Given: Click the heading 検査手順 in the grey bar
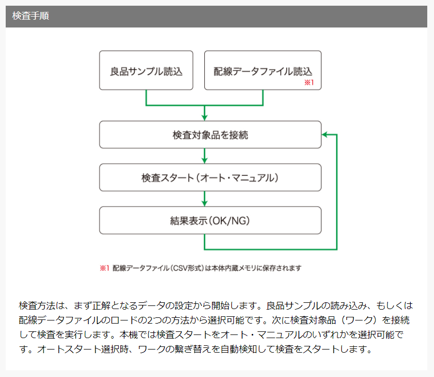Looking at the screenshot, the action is click(31, 16).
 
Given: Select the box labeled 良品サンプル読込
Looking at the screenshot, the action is click(146, 71).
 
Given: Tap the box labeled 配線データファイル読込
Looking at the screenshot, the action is click(263, 71).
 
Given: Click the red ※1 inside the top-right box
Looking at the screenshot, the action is click(309, 82).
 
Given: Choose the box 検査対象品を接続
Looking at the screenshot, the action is click(211, 135).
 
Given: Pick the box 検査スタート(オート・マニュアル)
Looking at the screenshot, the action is click(211, 177).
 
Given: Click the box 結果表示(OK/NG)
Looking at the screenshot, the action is click(211, 220).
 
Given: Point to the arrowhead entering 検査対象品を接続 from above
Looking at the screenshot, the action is click(204, 118).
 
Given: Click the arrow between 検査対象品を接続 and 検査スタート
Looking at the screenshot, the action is click(204, 156).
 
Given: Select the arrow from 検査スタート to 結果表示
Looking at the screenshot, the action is click(204, 199).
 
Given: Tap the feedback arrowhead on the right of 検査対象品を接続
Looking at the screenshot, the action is click(325, 134).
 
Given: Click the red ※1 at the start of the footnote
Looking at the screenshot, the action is click(104, 268).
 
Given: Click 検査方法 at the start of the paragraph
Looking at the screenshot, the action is click(37, 305).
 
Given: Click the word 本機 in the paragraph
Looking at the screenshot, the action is click(129, 334).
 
